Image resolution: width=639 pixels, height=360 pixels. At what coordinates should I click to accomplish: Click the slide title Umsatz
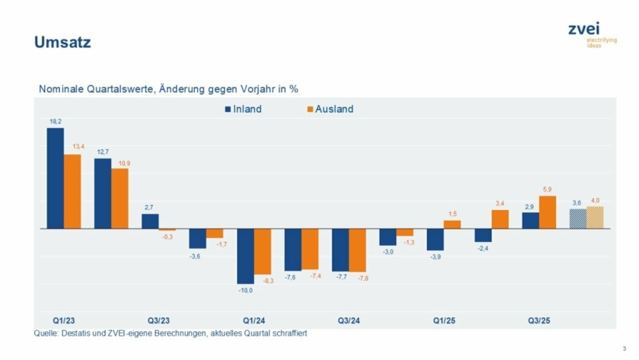(x=62, y=43)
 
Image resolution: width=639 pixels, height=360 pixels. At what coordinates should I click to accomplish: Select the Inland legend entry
(x=243, y=109)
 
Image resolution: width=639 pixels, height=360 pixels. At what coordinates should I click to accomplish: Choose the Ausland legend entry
(x=329, y=109)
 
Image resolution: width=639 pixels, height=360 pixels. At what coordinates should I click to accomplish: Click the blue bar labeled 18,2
(x=56, y=178)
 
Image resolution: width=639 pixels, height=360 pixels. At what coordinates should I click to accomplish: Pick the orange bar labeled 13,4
(x=72, y=191)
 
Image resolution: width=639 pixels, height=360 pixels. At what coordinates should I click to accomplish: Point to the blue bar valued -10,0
(x=246, y=256)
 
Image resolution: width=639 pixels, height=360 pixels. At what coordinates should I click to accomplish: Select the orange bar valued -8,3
(x=262, y=251)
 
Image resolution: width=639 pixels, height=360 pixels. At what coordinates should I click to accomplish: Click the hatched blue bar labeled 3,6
(x=578, y=218)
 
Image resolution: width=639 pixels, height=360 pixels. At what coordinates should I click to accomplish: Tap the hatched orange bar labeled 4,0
(x=595, y=218)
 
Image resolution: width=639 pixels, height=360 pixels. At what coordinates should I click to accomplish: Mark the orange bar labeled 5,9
(x=548, y=212)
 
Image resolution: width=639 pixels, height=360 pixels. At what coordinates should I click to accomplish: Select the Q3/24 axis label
(x=348, y=320)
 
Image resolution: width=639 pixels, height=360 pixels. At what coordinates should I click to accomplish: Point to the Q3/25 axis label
(x=539, y=320)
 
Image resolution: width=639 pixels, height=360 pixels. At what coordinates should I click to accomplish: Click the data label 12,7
(x=103, y=152)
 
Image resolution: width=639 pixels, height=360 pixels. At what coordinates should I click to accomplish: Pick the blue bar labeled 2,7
(x=151, y=221)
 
